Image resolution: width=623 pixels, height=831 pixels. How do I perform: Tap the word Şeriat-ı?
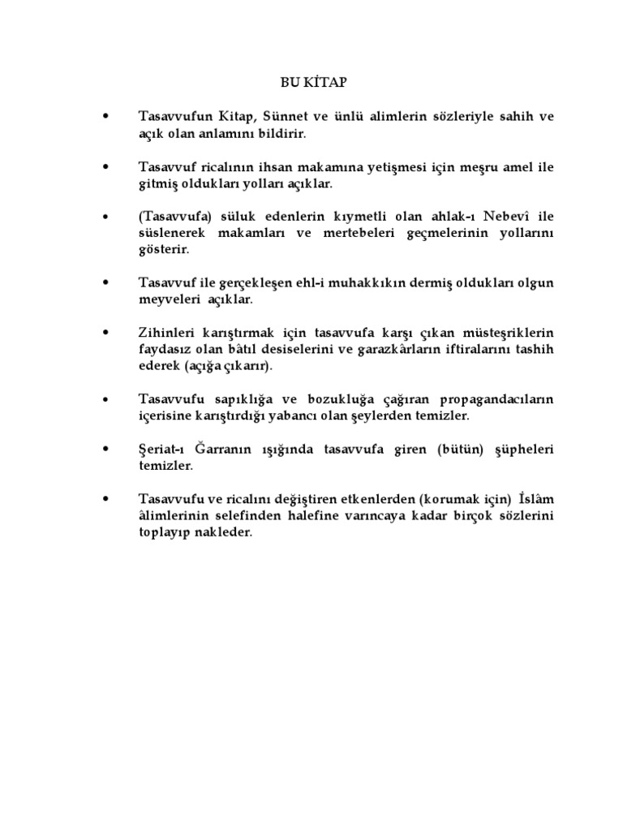164,450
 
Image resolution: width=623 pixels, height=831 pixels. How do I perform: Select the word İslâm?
535,501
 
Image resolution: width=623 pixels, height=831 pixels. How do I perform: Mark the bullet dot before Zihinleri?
106,334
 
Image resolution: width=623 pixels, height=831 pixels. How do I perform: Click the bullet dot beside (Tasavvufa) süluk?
106,217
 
